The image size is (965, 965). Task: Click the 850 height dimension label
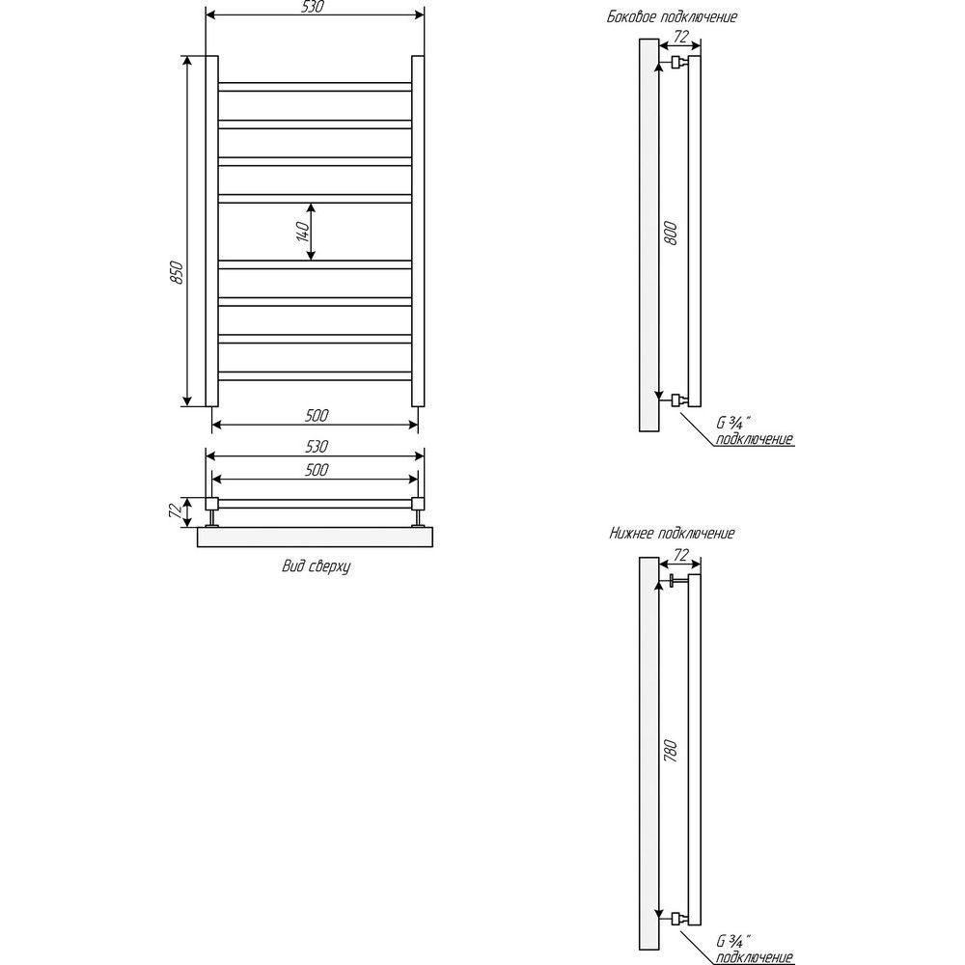click(177, 273)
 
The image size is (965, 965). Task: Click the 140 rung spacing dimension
click(303, 232)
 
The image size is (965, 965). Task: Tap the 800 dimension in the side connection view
click(671, 234)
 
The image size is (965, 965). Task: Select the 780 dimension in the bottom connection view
click(671, 752)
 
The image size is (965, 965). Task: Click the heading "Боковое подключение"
click(672, 16)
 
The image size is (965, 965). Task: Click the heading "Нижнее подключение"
click(672, 533)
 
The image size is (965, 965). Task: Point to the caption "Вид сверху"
click(316, 566)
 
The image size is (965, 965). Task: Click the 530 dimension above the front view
click(316, 7)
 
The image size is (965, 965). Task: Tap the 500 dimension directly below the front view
click(317, 415)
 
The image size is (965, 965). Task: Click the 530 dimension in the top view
click(317, 446)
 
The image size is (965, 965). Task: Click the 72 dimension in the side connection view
click(680, 37)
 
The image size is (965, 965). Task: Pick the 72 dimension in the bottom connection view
click(680, 555)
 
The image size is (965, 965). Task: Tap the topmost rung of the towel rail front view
click(315, 87)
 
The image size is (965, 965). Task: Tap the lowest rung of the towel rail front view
click(315, 376)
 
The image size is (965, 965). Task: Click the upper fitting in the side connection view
click(678, 62)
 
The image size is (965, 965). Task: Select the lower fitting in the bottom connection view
click(678, 919)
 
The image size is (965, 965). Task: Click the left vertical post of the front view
click(211, 232)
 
